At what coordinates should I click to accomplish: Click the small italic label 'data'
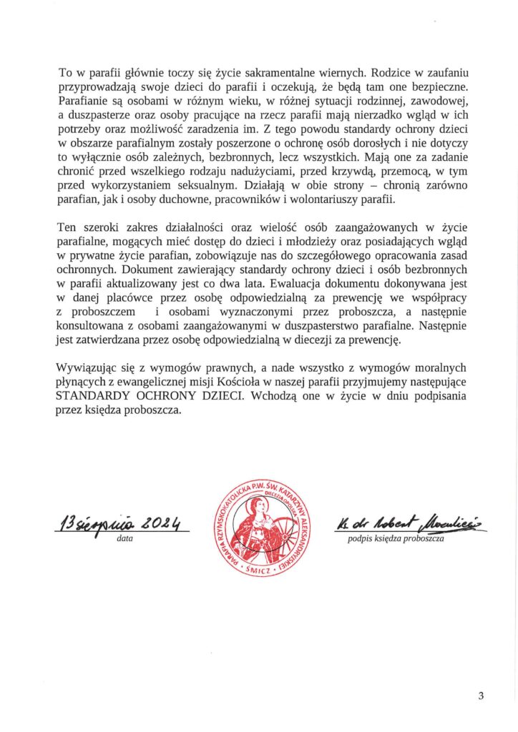pos(124,540)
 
